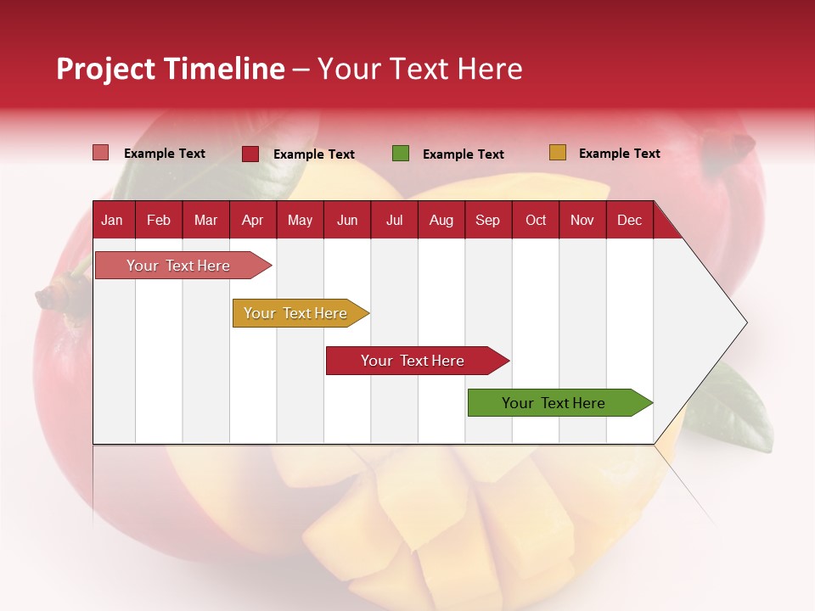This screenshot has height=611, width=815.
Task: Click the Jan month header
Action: (x=113, y=220)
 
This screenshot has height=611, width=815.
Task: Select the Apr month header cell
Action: (x=253, y=220)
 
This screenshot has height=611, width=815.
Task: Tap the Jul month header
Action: (x=394, y=220)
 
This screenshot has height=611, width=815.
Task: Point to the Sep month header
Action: (x=488, y=220)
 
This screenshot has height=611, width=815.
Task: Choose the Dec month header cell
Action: (x=629, y=220)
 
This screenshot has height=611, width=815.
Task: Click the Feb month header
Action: (x=159, y=220)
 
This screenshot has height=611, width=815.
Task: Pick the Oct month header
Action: (x=536, y=220)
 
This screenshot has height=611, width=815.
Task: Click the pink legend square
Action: (x=101, y=153)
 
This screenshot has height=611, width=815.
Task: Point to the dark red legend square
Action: (x=250, y=154)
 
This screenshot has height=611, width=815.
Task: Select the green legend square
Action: (x=401, y=154)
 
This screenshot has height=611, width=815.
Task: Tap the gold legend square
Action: (x=557, y=153)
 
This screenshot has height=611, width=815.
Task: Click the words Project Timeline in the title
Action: (x=170, y=69)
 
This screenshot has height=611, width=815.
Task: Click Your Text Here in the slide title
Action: (x=419, y=69)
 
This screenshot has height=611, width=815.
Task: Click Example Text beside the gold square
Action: (x=619, y=154)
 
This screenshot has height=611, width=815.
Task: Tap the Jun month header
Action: (x=347, y=220)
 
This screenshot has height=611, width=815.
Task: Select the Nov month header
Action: (x=582, y=220)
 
